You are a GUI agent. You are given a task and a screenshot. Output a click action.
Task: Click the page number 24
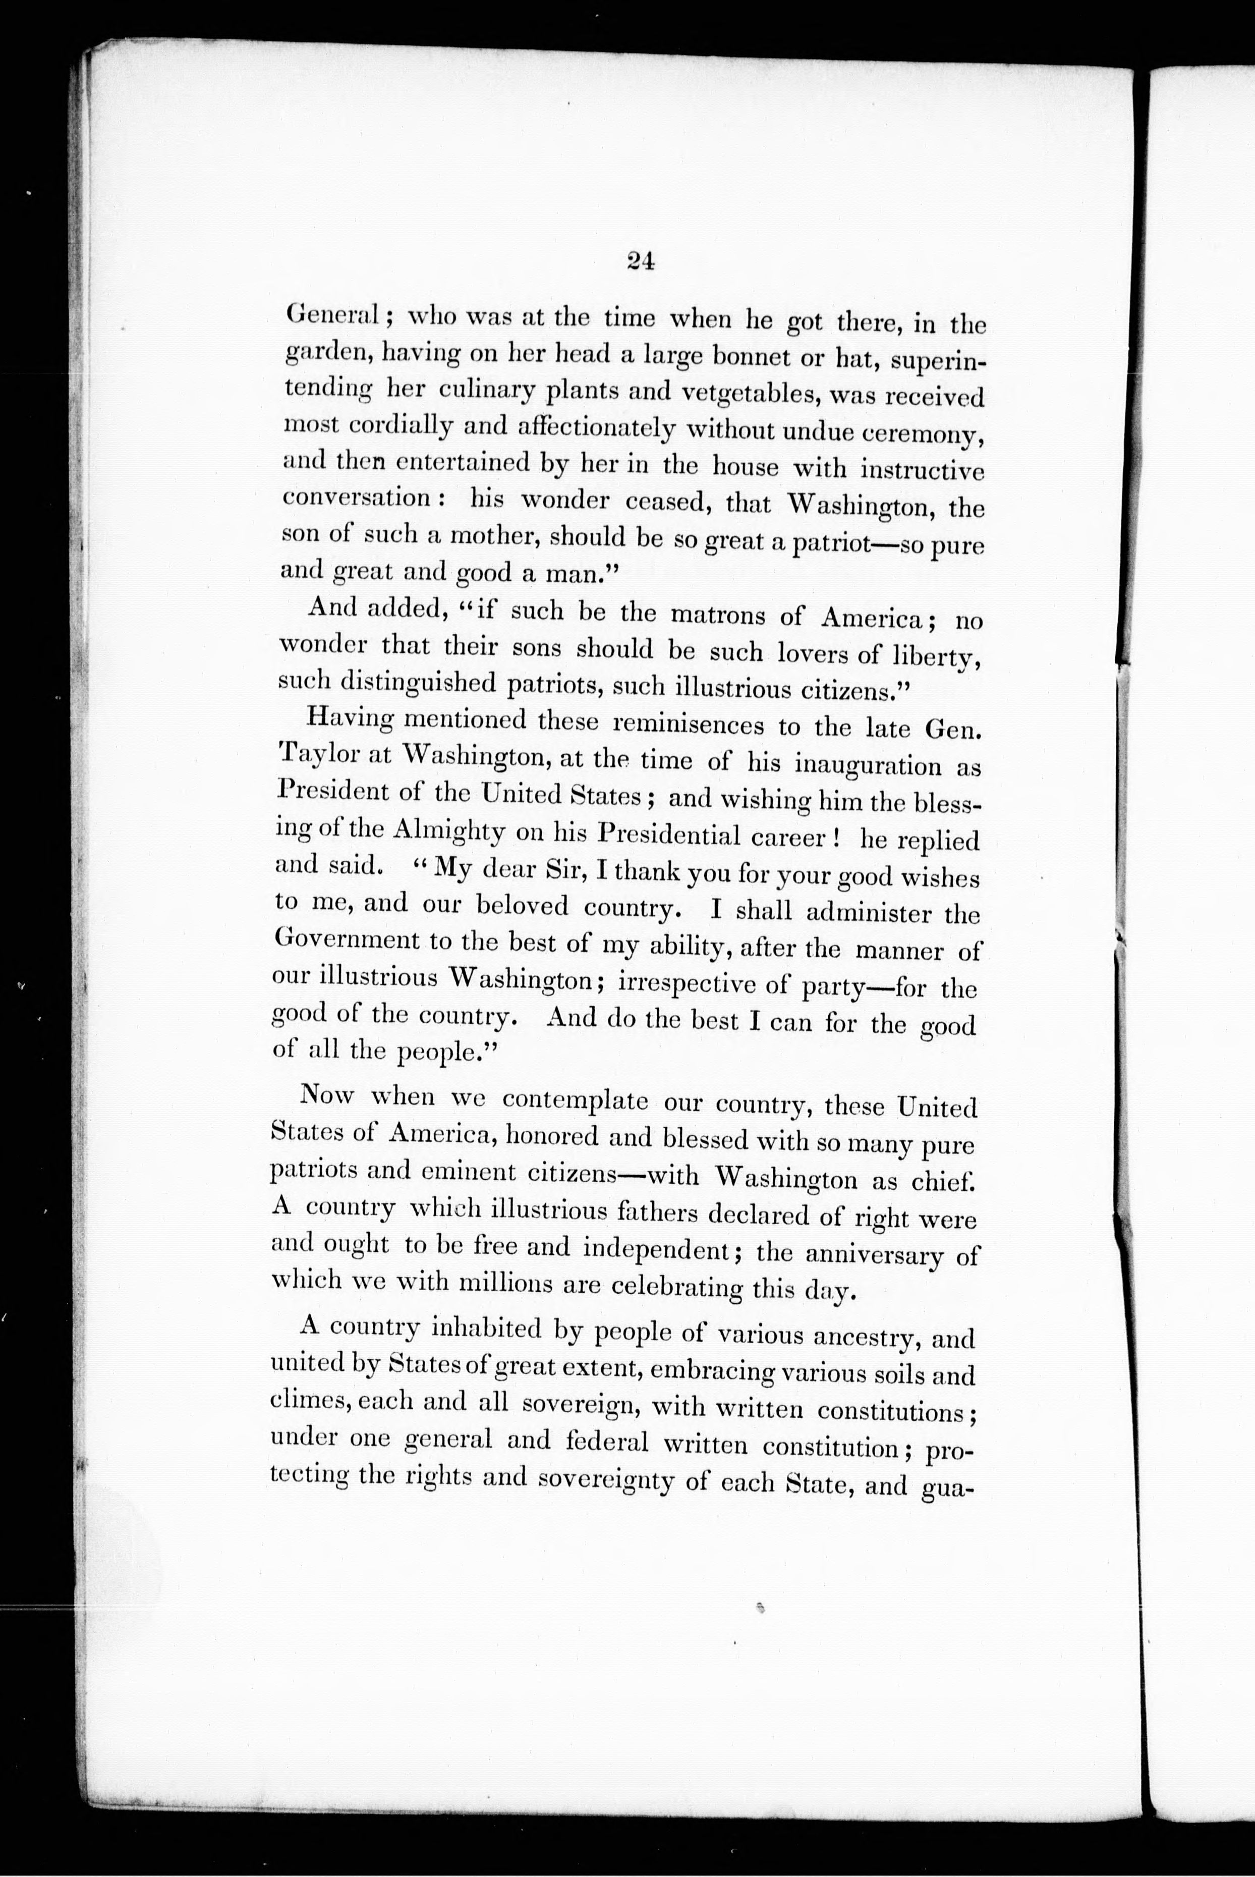point(641,262)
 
